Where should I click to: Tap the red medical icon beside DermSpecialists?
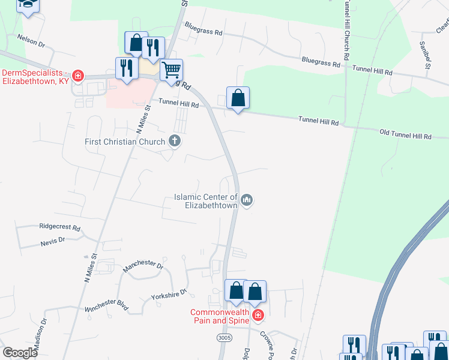[77, 76]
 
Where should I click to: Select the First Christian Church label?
[124, 142]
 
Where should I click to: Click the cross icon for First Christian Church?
[175, 142]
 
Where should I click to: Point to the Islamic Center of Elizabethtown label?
[206, 200]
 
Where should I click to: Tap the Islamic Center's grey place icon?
[247, 200]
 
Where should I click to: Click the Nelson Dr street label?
[31, 40]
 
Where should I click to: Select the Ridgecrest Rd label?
[59, 228]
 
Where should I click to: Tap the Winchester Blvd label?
[107, 306]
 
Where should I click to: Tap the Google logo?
[21, 352]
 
